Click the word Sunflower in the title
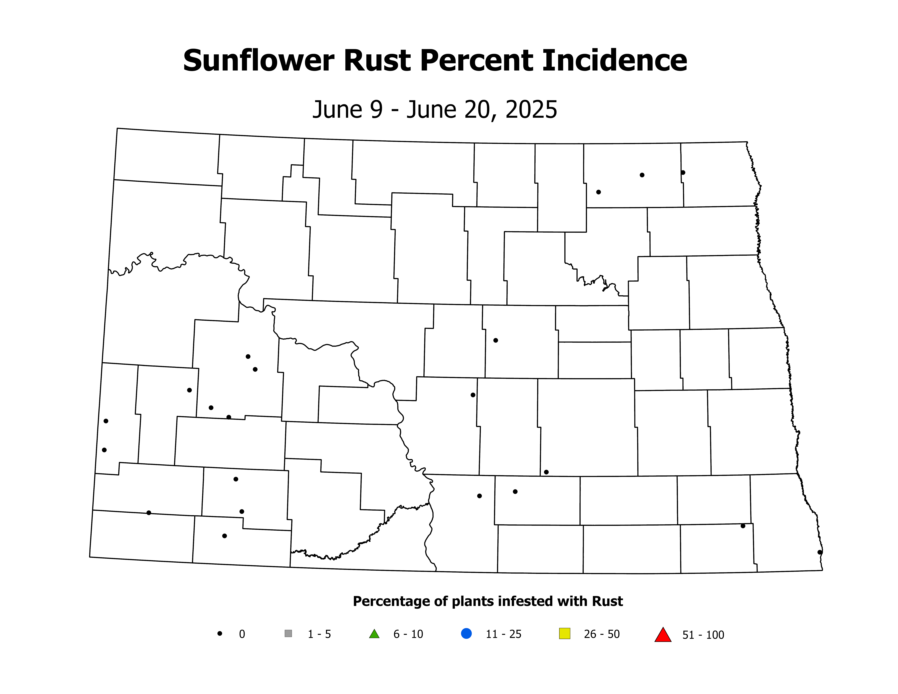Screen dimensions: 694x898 [258, 61]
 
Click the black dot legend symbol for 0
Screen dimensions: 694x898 [220, 634]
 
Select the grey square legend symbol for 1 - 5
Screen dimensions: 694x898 [288, 634]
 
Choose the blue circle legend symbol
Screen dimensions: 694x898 [466, 634]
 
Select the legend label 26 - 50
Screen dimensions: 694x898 [602, 634]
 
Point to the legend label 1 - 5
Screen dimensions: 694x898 [319, 634]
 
